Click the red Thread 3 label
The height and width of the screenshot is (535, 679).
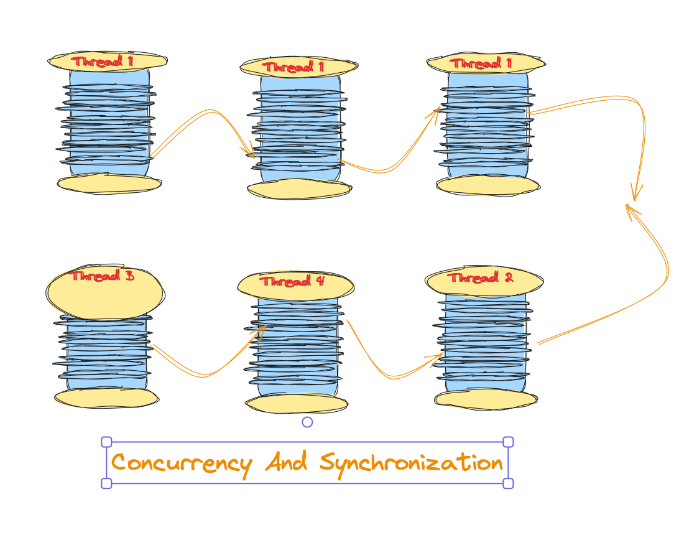tap(103, 276)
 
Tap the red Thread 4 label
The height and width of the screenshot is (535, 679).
tap(292, 281)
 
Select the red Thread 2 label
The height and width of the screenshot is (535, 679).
tap(481, 277)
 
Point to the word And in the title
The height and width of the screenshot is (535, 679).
tap(286, 463)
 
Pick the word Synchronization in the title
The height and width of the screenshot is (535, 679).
tap(411, 463)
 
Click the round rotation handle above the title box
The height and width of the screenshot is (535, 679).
tap(307, 422)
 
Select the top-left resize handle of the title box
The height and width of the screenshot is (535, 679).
tap(106, 442)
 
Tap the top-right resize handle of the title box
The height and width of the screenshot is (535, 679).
tap(508, 442)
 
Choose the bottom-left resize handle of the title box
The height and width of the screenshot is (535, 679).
tap(106, 483)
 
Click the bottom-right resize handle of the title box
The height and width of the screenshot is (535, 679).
tap(508, 483)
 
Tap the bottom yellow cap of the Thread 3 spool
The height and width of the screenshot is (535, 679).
tap(106, 398)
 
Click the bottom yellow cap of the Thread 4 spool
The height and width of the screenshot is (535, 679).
tap(297, 404)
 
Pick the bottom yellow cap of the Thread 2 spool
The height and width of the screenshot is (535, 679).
tap(485, 399)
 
